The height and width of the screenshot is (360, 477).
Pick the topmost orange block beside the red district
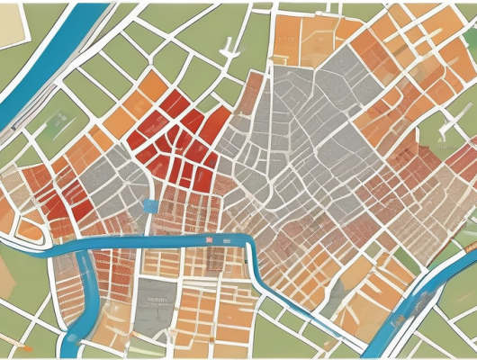pos(152,85)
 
